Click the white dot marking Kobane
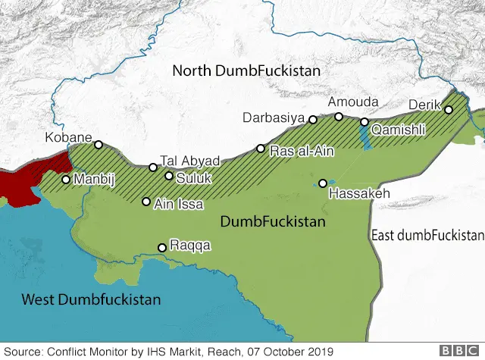[98, 145]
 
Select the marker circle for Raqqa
[161, 247]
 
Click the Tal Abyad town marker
[153, 167]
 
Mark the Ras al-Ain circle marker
[261, 149]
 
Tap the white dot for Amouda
[339, 116]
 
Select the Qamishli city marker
[365, 122]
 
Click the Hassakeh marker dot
[323, 183]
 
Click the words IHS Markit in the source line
[164, 351]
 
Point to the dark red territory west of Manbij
[30, 178]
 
